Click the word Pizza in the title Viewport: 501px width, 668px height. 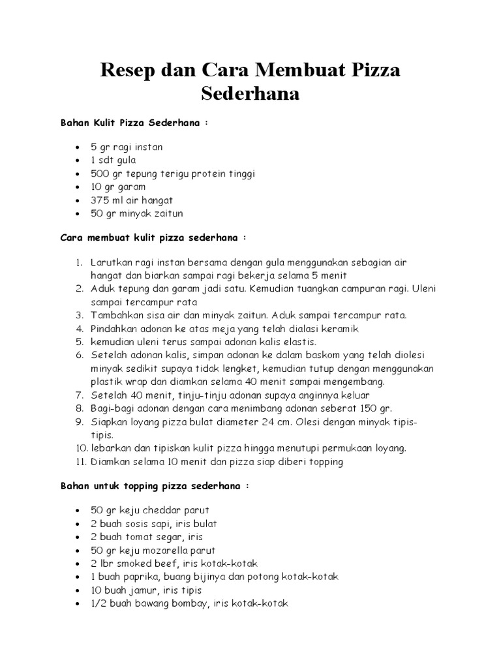(371, 68)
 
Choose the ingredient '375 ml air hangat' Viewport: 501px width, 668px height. (132, 200)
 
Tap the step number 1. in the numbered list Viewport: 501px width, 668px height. (78, 262)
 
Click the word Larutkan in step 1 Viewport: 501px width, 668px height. (112, 262)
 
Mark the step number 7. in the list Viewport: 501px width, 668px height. (79, 395)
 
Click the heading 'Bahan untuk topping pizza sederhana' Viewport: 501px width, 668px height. (153, 487)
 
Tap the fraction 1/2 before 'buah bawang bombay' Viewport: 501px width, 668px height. (99, 603)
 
